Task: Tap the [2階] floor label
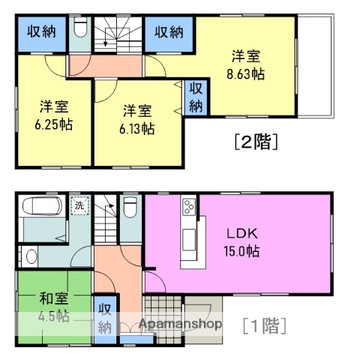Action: tap(256, 140)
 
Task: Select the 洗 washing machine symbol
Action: tap(78, 204)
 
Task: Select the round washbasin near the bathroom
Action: tap(30, 256)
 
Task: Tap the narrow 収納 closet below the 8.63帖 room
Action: tap(196, 96)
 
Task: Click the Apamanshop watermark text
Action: tap(180, 325)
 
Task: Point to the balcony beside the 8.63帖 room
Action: tap(313, 67)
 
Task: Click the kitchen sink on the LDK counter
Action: tap(189, 240)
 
